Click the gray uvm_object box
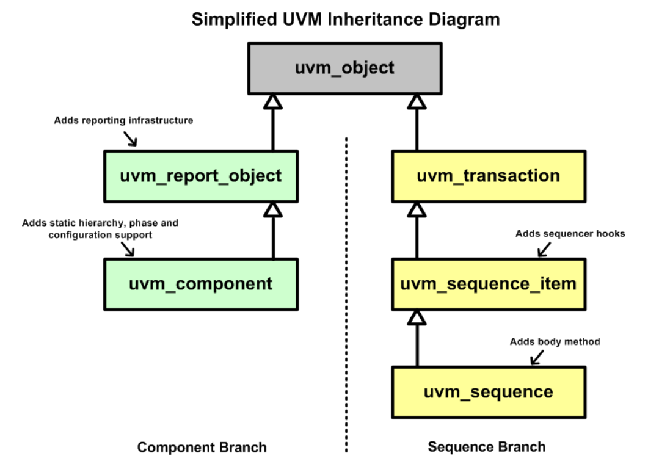344,68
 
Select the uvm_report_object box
200,176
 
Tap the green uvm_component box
200,284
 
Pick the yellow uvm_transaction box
488,176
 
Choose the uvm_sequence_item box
488,284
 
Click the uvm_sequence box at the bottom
488,392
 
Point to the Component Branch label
202,448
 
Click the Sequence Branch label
486,447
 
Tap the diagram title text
346,19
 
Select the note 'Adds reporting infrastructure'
123,120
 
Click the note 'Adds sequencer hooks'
570,233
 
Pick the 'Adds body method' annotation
555,341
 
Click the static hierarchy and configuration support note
100,228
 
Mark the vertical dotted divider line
346,293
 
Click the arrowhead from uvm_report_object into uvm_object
273,102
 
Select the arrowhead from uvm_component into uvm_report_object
273,209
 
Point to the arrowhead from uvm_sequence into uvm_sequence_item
417,317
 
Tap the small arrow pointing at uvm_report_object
130,139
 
